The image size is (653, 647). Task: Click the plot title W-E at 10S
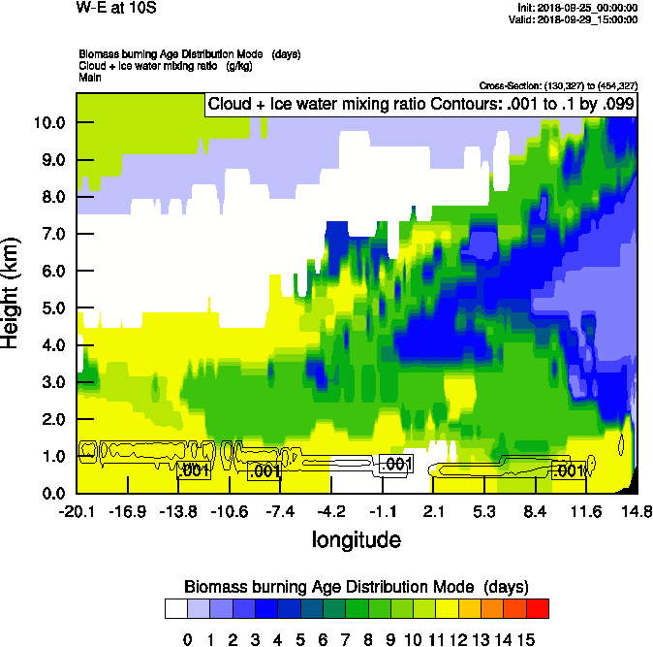point(114,10)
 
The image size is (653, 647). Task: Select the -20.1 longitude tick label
point(76,511)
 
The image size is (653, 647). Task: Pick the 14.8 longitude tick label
point(637,511)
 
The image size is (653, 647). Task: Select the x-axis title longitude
point(356,539)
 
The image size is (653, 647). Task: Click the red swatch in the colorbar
point(538,608)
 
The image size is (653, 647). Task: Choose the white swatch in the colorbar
point(175,608)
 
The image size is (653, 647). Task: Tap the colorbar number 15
point(525,639)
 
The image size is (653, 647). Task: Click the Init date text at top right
point(578,8)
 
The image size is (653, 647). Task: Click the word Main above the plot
point(90,77)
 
